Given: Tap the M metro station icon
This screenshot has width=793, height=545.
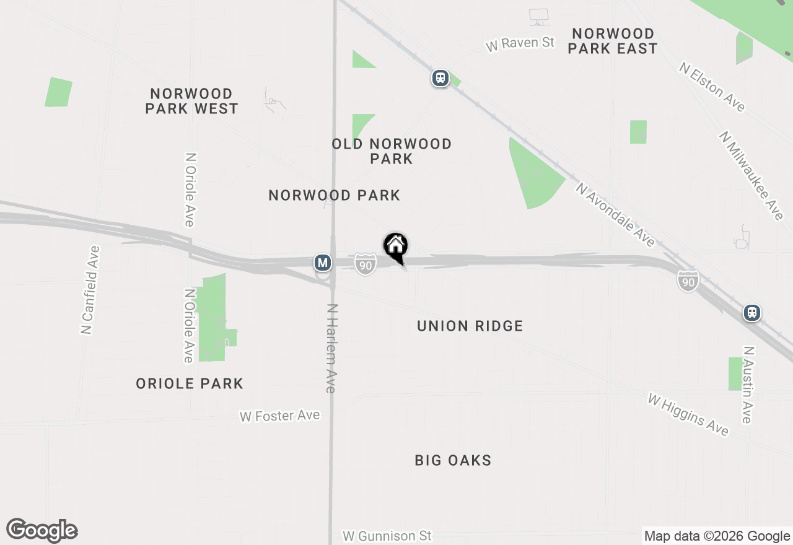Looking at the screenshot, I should click(322, 263).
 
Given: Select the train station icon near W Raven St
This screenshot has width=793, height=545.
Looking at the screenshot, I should click(440, 78).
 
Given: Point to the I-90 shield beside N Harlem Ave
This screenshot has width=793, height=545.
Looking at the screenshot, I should click(366, 264).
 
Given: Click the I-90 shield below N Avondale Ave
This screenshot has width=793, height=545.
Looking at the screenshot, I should click(688, 281).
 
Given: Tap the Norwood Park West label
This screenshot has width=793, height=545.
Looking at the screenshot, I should click(191, 101).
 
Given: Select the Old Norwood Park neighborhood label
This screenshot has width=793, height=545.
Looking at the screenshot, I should click(392, 151).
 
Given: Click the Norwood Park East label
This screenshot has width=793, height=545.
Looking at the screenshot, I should click(612, 41).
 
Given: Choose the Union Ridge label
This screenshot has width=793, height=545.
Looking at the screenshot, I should click(470, 326).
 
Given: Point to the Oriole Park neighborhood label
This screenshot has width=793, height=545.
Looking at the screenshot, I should click(190, 383).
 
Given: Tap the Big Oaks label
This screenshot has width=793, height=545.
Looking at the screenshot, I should click(453, 460).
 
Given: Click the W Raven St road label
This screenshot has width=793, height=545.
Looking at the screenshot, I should click(520, 44).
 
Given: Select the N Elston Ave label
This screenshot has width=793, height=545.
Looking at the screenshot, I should click(712, 86).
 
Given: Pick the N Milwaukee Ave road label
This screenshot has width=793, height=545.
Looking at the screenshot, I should click(751, 175).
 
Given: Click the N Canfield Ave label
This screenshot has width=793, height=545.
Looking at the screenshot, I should click(90, 290).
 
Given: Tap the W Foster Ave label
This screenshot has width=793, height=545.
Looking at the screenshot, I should click(280, 416).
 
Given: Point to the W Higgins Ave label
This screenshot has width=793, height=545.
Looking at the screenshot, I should click(688, 414).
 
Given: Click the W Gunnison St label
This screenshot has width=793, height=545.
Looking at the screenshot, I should click(387, 535).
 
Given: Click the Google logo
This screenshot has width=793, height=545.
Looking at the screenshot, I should click(42, 530).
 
